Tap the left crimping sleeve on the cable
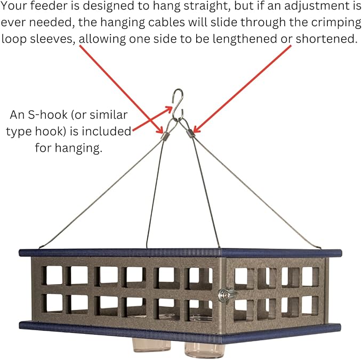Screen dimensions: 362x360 click(165, 136)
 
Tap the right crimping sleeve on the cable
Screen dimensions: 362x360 click(191, 133)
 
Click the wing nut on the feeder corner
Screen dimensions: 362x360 click(227, 294)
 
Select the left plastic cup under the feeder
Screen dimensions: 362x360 click(151, 345)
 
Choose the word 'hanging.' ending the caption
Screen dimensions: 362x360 click(78, 148)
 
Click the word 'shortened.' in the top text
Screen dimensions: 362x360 click(326, 38)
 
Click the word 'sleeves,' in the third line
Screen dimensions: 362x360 click(53, 39)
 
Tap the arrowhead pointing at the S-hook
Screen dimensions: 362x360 click(170, 109)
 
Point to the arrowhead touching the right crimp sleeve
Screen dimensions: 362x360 click(196, 129)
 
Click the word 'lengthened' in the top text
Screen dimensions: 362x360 click(245, 39)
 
